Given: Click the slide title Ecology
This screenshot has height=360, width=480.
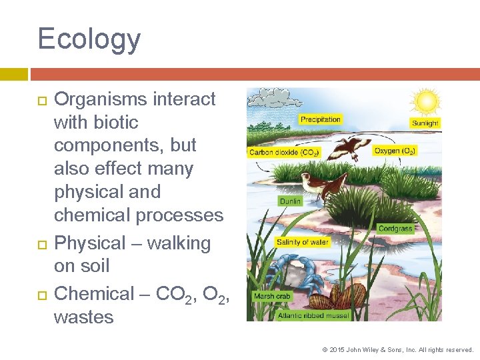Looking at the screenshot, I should [x=89, y=39].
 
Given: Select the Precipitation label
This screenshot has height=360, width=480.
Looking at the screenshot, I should [x=320, y=119].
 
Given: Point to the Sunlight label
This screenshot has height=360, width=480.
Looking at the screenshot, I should [x=425, y=123].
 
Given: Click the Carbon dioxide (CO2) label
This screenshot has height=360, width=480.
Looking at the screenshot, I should [x=284, y=153].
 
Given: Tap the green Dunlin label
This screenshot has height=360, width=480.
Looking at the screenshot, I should [x=290, y=201].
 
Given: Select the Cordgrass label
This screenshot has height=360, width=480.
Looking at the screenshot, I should [x=395, y=229].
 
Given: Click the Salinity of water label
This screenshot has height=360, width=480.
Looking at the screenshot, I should [x=303, y=242].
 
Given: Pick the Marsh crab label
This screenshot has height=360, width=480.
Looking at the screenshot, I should [x=271, y=295].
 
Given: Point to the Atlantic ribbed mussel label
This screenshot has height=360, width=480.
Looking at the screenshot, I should [x=314, y=315].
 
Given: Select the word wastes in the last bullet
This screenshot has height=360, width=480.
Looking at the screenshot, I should [x=83, y=317].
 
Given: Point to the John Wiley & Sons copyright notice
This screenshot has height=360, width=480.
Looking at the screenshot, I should [x=397, y=349].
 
